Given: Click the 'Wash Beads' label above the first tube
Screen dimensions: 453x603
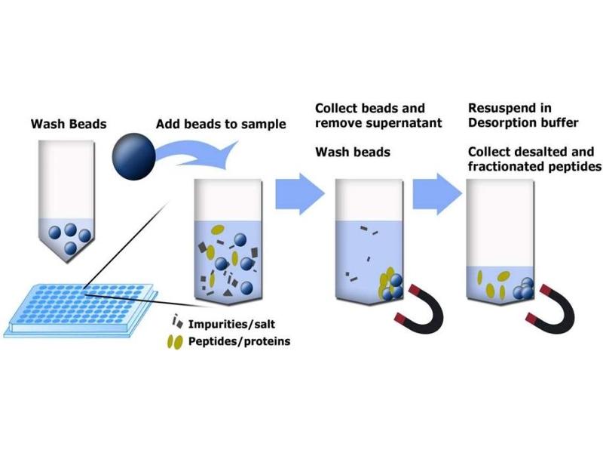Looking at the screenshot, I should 63,123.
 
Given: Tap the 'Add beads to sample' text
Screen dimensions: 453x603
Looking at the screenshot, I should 221,124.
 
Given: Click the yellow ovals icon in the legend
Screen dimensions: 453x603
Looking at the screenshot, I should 174,343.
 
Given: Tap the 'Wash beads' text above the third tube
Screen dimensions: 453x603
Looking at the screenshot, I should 352,153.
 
